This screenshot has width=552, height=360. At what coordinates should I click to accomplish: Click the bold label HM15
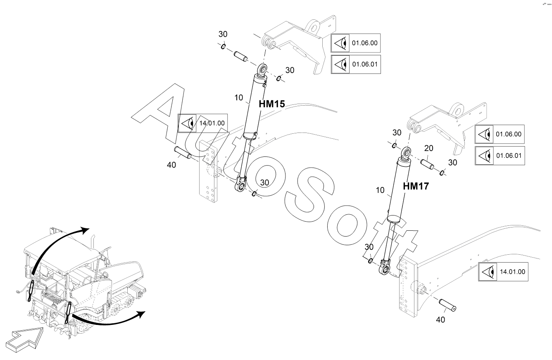(271, 104)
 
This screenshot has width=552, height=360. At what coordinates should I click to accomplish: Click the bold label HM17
(416, 186)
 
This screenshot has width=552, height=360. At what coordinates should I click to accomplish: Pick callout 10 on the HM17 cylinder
(381, 190)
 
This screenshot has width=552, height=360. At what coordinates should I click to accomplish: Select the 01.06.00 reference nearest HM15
(364, 43)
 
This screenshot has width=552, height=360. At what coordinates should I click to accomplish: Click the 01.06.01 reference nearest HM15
(364, 64)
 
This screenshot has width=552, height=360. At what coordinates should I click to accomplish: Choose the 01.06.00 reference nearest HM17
(508, 134)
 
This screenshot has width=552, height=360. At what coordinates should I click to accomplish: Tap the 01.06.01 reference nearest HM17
(508, 156)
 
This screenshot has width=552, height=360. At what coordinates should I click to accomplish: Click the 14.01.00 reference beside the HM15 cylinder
(212, 123)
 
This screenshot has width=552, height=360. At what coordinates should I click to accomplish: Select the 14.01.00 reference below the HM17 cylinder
(512, 272)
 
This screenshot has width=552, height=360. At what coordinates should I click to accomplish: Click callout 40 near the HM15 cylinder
(171, 165)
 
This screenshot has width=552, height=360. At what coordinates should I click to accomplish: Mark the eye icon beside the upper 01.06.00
(340, 43)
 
